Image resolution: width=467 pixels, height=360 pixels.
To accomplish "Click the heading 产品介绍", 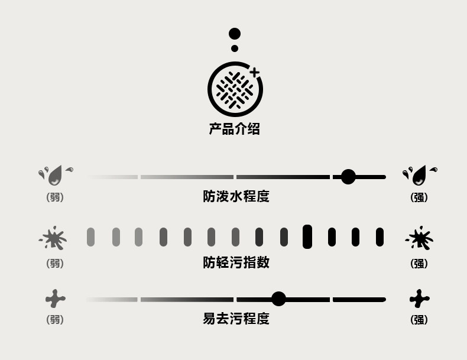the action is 234,129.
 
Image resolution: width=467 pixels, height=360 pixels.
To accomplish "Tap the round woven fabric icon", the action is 235,89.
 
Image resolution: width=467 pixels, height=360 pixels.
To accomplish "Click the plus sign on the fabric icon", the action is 254,73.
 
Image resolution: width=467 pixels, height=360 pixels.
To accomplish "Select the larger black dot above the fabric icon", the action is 235,34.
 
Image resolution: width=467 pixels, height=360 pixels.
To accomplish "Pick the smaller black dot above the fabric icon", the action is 235,48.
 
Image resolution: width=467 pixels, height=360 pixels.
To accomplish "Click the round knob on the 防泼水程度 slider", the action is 348,176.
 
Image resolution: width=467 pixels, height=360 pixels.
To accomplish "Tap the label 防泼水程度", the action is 236,196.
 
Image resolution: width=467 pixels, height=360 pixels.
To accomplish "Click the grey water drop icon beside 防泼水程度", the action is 56,174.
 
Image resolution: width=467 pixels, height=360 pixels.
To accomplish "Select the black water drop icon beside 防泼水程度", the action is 420,174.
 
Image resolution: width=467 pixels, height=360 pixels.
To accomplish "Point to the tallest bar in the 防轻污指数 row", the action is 307,236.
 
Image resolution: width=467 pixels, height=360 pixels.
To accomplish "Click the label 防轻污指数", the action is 236,262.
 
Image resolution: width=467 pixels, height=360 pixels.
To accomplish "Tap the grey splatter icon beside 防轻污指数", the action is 54,238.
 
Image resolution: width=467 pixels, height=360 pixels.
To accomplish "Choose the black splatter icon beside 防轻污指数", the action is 420,238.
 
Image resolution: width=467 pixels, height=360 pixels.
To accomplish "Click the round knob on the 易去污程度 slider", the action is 278,299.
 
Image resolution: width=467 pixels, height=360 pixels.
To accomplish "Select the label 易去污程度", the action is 236,319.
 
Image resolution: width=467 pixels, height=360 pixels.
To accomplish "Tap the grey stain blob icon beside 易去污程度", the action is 55,299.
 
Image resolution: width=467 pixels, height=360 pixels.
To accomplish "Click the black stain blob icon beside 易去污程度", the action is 419,299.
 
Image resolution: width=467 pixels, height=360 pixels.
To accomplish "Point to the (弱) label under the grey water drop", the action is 55,198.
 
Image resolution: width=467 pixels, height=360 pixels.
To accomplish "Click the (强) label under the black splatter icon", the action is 419,264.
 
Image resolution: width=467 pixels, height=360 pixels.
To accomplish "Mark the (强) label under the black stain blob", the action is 419,320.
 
